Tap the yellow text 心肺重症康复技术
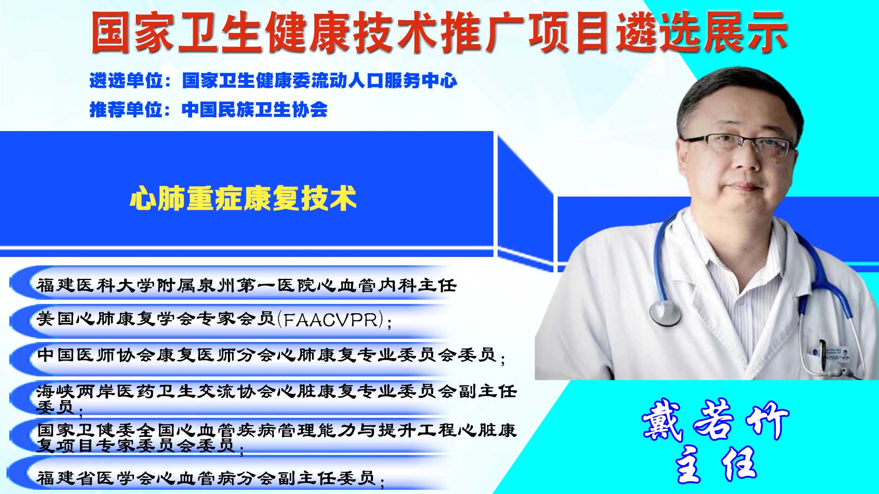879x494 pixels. coord(243,198)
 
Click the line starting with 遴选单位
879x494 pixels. coord(273,80)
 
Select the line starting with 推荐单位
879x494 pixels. coord(208,110)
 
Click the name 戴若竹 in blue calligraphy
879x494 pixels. coord(715,420)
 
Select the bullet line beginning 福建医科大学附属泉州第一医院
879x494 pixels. coord(246,285)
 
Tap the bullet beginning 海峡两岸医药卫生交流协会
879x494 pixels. coord(277,399)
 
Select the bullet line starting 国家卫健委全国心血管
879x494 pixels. coord(277,438)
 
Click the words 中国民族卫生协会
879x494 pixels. coord(254,110)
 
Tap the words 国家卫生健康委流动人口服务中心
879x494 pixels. coord(320,80)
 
